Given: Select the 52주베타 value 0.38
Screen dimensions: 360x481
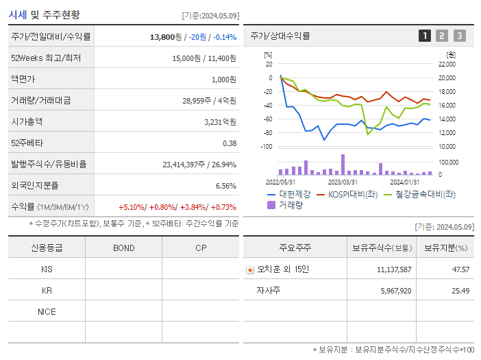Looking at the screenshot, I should [x=230, y=143].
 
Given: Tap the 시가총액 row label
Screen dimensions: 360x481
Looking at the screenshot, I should [x=27, y=122].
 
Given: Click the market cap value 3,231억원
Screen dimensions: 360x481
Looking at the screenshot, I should [x=220, y=122].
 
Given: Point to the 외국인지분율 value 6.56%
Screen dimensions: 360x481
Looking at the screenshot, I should [x=225, y=186].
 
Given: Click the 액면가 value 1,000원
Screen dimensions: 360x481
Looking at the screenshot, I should [x=223, y=80].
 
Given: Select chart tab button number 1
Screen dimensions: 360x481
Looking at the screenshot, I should [x=425, y=36].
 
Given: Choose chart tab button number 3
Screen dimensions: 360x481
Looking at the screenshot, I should [x=459, y=36].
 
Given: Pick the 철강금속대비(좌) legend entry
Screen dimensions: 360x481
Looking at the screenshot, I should [x=421, y=194].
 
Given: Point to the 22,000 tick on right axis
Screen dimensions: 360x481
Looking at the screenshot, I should [x=446, y=64].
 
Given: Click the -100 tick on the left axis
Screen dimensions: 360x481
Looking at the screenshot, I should [x=267, y=147].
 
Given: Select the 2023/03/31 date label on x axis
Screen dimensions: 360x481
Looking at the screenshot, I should [x=343, y=182].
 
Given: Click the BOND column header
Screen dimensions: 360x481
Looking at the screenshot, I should [x=123, y=248].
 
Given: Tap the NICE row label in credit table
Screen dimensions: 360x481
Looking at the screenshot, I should [x=47, y=312].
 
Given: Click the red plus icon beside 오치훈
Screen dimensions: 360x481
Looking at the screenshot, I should [x=249, y=269].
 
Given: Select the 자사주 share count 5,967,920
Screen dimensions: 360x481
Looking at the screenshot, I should [x=394, y=291].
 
